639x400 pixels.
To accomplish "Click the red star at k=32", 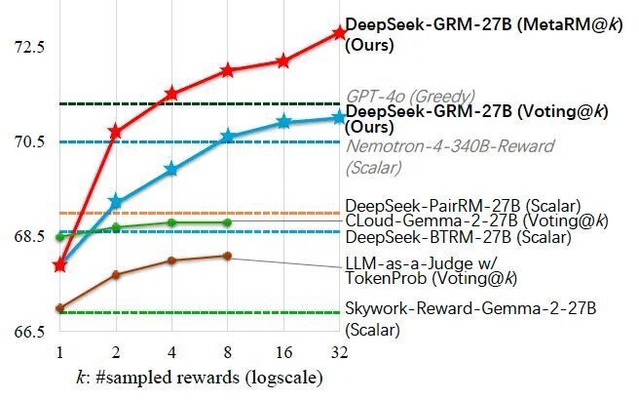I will coord(339,32).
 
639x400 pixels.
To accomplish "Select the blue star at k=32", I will coord(339,117).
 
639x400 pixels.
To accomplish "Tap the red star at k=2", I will coord(116,130).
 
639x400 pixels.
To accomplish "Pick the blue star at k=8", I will coord(228,137).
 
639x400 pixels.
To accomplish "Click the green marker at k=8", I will coord(228,222).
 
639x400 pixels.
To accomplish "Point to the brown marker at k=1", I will coord(60,308).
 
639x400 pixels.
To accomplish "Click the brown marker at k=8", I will coord(228,256).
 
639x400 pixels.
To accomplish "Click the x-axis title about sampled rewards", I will coord(199,377).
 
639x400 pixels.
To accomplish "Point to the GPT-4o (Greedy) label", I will coord(410,97).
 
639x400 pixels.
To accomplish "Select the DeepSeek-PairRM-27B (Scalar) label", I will coord(463,206).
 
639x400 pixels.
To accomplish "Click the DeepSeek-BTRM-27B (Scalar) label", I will coord(457,236).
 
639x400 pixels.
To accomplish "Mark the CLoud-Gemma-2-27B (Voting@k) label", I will coord(476,221).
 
